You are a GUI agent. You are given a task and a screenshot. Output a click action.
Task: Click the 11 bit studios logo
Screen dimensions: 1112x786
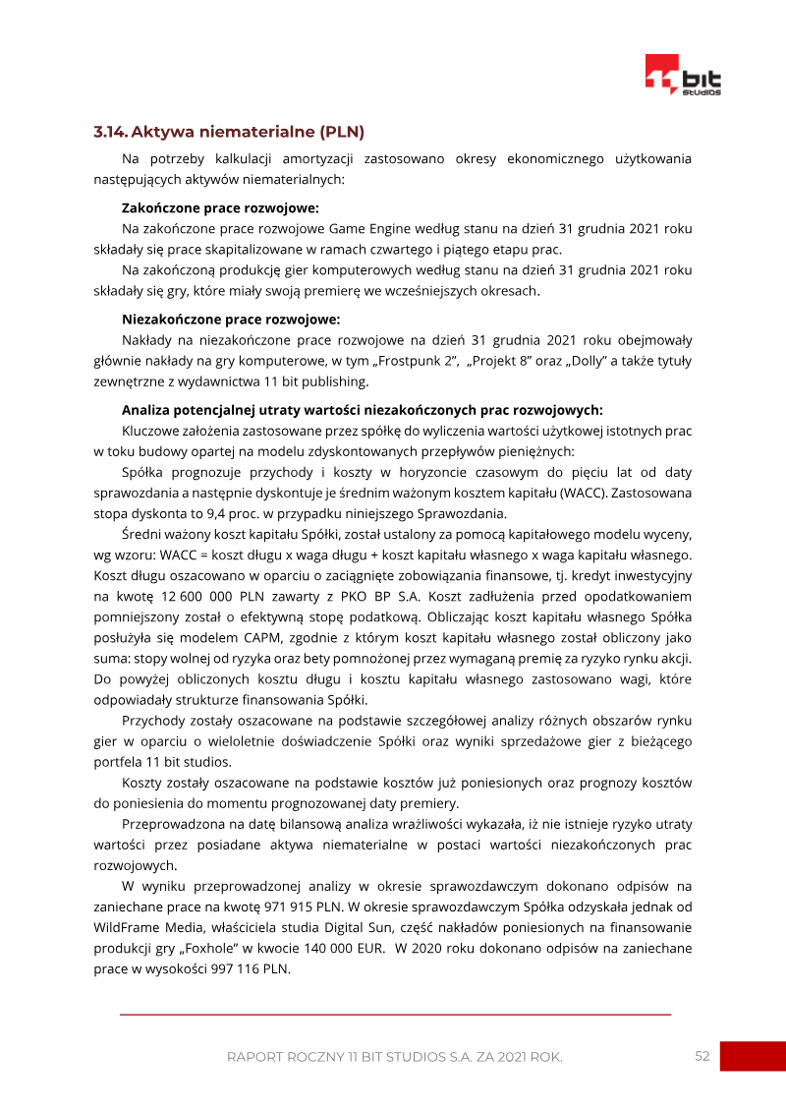coord(683,75)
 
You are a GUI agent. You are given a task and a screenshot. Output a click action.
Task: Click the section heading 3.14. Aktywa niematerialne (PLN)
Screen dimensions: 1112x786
coord(229,132)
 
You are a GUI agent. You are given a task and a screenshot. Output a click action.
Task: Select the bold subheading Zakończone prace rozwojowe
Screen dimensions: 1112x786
coord(220,207)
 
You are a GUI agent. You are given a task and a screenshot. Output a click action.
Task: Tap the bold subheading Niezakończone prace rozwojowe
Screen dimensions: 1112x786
coord(231,319)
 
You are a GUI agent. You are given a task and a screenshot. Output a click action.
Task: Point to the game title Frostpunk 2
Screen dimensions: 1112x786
coord(417,361)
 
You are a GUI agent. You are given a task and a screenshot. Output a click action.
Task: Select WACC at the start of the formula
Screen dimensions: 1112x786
coord(161,555)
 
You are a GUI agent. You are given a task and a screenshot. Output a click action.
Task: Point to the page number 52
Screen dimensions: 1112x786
coord(702,1056)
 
